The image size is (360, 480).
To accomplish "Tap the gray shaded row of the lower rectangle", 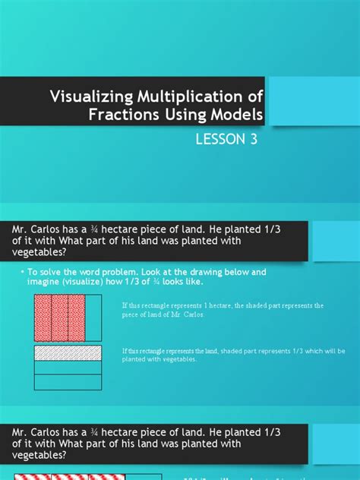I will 68,352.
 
